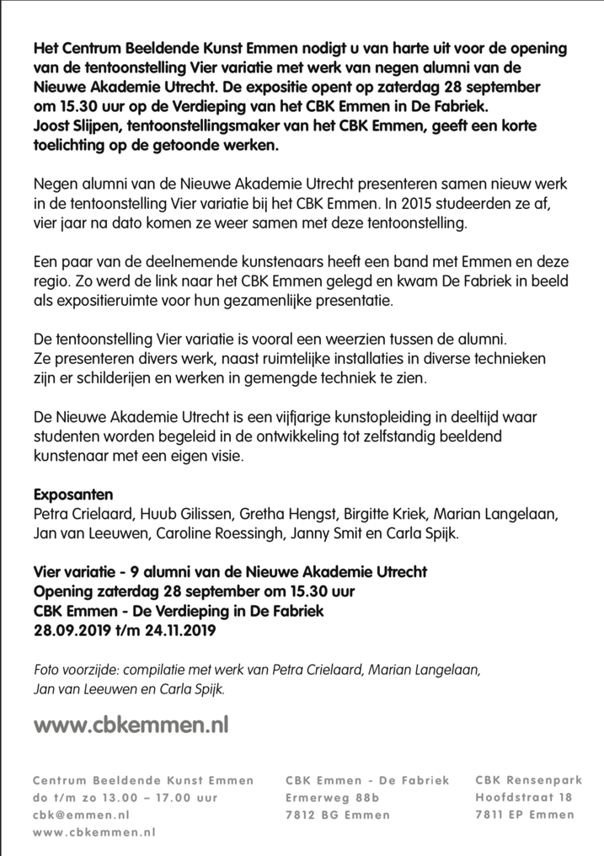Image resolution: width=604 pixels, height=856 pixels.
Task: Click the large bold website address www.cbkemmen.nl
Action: click(x=131, y=723)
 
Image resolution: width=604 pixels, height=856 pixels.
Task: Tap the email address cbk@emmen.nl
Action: click(x=81, y=815)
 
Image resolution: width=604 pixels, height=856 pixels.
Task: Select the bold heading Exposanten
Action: click(x=72, y=494)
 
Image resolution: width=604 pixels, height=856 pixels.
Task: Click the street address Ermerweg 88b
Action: click(x=333, y=797)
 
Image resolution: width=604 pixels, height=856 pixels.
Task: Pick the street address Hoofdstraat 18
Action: click(x=523, y=797)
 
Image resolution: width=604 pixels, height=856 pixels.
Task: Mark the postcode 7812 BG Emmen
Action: click(x=338, y=815)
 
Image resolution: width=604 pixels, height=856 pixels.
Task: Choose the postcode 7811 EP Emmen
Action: click(x=524, y=815)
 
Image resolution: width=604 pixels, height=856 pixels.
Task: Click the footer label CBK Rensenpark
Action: click(x=524, y=780)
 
